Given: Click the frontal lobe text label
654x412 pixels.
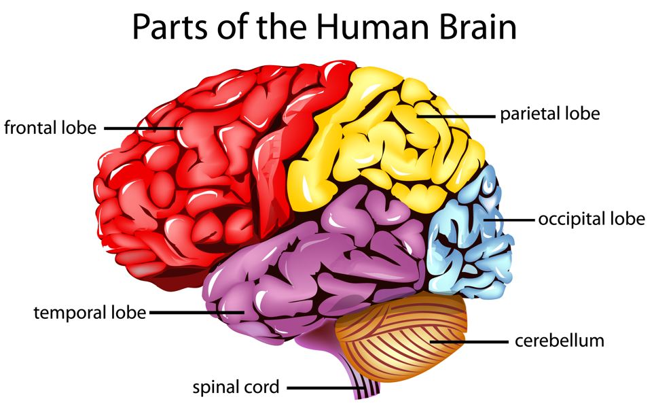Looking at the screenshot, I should [50, 127].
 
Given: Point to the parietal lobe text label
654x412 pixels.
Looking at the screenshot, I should [550, 113].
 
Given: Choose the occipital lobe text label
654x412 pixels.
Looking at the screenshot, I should [591, 219].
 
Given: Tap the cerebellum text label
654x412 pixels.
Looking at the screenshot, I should [559, 339].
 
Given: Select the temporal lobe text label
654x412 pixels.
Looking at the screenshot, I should [90, 313].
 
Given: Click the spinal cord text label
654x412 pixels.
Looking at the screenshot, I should [236, 388].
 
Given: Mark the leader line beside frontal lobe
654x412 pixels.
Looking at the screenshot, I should [143, 128].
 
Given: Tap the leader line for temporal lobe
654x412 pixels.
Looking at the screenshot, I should [197, 313].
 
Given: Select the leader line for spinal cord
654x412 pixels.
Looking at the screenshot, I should [326, 388].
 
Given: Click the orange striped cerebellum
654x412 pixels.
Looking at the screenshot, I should [401, 337].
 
